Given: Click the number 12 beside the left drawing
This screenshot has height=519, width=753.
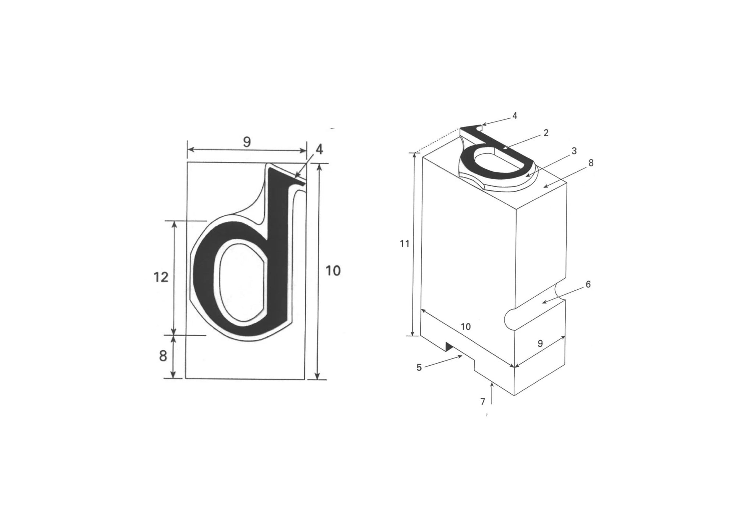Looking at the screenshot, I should tap(161, 277).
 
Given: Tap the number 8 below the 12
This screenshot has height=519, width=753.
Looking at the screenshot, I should tap(163, 356).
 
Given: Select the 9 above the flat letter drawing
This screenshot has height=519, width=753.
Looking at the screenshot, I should tap(247, 142).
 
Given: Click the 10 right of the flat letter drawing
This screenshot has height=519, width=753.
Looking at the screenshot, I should tap(333, 271).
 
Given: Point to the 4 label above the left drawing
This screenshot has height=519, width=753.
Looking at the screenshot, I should tap(319, 149).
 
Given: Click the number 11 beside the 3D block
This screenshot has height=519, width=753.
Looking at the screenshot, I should tap(404, 244).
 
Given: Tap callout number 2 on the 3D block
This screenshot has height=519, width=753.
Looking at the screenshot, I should tap(546, 133).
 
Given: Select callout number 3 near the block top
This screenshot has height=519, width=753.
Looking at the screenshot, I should tap(574, 151).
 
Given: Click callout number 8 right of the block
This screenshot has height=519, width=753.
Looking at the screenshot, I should tap(591, 163).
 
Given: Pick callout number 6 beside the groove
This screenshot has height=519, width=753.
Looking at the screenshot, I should tap(588, 284).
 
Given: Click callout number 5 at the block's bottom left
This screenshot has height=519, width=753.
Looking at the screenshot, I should tap(419, 367).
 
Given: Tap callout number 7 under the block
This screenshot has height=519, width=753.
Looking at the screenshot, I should tap(483, 402).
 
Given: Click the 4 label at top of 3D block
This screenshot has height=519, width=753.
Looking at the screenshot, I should tap(515, 116).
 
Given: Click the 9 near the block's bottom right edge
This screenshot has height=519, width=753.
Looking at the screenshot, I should tap(540, 343).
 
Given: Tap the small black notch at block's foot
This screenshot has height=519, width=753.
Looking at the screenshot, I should tap(449, 346).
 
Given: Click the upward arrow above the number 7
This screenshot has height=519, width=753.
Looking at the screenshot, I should tap(492, 393).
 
